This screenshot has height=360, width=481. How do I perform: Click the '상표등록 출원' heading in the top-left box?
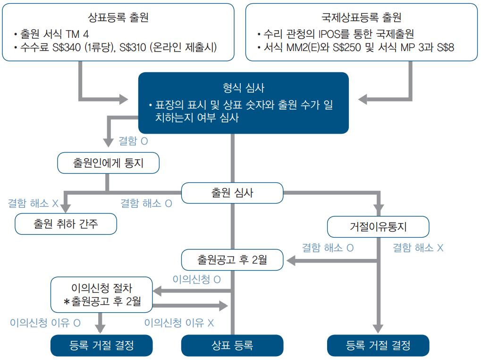[x=118, y=17]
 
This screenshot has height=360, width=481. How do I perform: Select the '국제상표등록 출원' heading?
[x=361, y=17]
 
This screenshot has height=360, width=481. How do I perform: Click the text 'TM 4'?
[x=77, y=34]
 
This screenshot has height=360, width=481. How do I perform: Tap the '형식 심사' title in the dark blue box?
[x=244, y=88]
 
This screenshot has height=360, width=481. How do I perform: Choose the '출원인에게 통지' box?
[x=108, y=163]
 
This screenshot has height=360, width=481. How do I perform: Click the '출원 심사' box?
[x=232, y=193]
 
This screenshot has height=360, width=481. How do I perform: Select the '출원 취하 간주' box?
[x=66, y=224]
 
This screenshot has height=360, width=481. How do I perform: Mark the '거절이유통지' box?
[x=378, y=227]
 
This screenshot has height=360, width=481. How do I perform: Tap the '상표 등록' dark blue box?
[x=232, y=345]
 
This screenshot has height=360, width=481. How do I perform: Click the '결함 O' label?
[x=133, y=141]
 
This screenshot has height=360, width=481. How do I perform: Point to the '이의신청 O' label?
[x=197, y=279]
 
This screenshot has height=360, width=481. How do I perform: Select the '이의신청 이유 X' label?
[x=179, y=323]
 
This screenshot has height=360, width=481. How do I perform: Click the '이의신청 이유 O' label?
[x=45, y=323]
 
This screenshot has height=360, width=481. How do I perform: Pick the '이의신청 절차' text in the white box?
[x=102, y=288]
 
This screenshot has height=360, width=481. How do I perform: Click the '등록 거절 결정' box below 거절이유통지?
[x=378, y=345]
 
